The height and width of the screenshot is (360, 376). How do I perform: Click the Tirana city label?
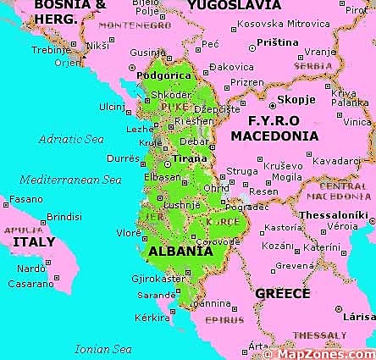tap(189, 158)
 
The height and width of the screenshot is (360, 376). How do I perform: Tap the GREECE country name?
tap(282, 293)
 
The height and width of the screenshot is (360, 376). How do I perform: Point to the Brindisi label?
tap(64, 216)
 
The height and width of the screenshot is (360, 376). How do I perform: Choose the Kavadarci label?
tap(335, 160)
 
